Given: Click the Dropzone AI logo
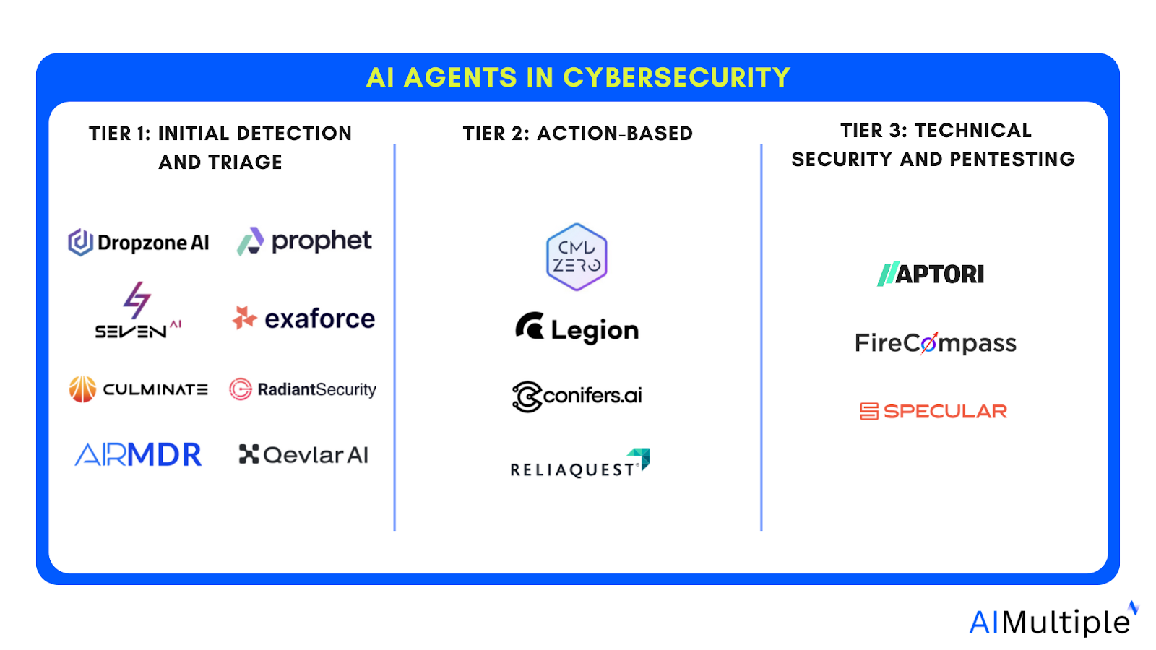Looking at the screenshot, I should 139,243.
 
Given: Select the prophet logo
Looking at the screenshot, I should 304,241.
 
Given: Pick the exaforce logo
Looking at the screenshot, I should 303,318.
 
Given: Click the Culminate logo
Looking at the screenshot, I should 138,389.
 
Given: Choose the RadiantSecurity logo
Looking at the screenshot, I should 303,389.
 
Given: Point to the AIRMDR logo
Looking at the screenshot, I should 138,455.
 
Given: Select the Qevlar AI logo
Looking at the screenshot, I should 303,455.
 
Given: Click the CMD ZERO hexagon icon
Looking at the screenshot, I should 577,257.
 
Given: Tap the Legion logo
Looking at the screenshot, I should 577,329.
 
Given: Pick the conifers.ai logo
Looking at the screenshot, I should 577,396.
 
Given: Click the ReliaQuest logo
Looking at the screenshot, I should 579,465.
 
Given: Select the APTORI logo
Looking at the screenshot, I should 931,274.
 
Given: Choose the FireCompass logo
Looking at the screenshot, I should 935,343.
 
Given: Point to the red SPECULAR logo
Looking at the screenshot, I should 933,412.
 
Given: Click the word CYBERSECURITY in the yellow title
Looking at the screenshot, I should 676,77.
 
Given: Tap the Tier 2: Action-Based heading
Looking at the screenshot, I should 577,134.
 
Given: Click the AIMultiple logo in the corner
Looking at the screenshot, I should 1051,621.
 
